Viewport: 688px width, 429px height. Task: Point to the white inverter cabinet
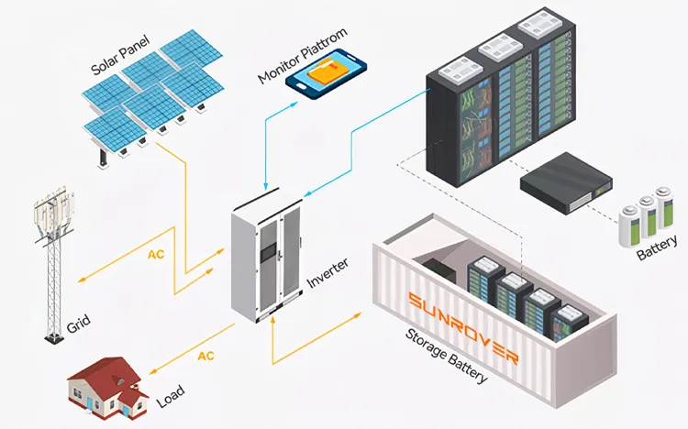pos(266,261)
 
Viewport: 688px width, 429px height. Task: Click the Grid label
pos(78,323)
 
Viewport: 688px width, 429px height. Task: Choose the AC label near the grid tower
pos(156,253)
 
